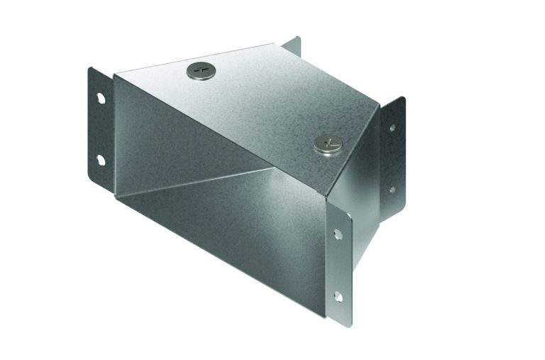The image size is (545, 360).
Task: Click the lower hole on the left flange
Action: tap(100, 158)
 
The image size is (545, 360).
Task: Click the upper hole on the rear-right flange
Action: tap(391, 129)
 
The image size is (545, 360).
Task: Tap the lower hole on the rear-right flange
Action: tap(391, 190)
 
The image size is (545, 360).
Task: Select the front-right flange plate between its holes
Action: tap(341, 263)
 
